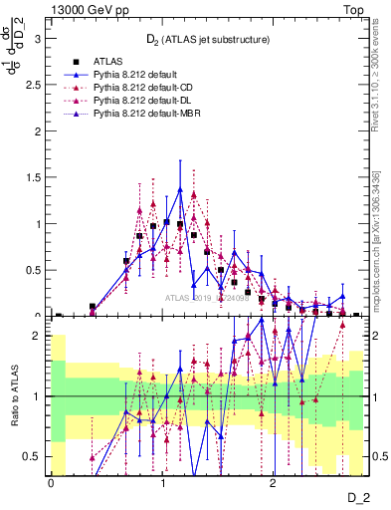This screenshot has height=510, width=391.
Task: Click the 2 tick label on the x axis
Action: [274, 483]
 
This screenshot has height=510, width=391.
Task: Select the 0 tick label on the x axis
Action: [51, 483]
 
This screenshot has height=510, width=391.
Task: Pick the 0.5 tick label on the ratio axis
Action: [32, 457]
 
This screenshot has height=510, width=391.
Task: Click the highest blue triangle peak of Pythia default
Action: [180, 189]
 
